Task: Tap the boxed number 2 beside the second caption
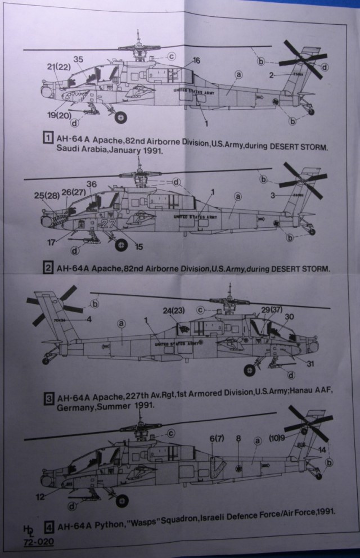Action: point(49,268)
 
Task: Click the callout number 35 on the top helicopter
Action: point(78,59)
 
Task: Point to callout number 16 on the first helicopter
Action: point(196,60)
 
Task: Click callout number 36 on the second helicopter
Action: point(92,184)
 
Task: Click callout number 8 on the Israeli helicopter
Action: point(238,438)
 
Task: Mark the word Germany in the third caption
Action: point(75,412)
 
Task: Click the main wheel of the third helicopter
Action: point(249,370)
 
